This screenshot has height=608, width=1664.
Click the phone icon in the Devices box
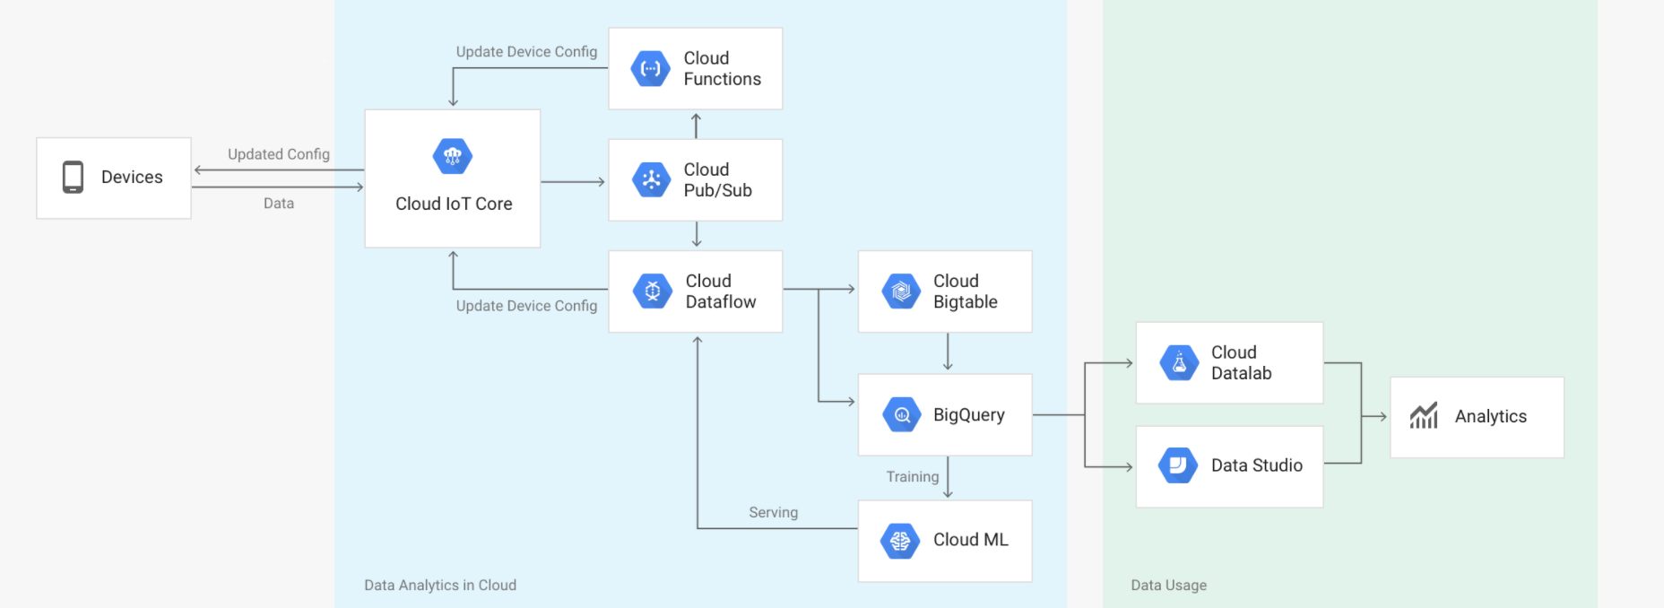[73, 178]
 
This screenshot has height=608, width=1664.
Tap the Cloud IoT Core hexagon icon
[453, 157]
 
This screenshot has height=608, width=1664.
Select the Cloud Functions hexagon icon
[651, 69]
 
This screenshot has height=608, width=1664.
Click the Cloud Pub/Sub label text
[717, 180]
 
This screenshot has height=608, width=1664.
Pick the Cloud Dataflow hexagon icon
[653, 291]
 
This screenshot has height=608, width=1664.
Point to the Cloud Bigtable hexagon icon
[901, 291]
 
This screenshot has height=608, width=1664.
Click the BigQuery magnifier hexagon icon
[902, 415]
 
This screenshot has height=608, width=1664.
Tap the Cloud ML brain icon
[900, 541]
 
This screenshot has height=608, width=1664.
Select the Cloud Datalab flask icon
[1179, 363]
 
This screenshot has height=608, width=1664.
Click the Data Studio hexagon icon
[1178, 465]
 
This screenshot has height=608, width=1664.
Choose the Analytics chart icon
[1424, 416]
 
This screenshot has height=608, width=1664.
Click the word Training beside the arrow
[912, 477]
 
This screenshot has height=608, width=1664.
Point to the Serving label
[773, 513]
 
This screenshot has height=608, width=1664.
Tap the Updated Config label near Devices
[278, 154]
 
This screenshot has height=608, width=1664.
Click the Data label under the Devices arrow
[278, 204]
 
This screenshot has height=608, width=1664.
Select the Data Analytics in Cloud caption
[439, 586]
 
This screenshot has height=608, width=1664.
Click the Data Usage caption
[1168, 586]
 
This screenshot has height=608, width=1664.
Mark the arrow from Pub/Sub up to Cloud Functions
[697, 125]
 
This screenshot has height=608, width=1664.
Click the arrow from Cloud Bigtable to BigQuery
[948, 352]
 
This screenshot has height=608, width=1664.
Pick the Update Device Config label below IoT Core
[526, 306]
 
